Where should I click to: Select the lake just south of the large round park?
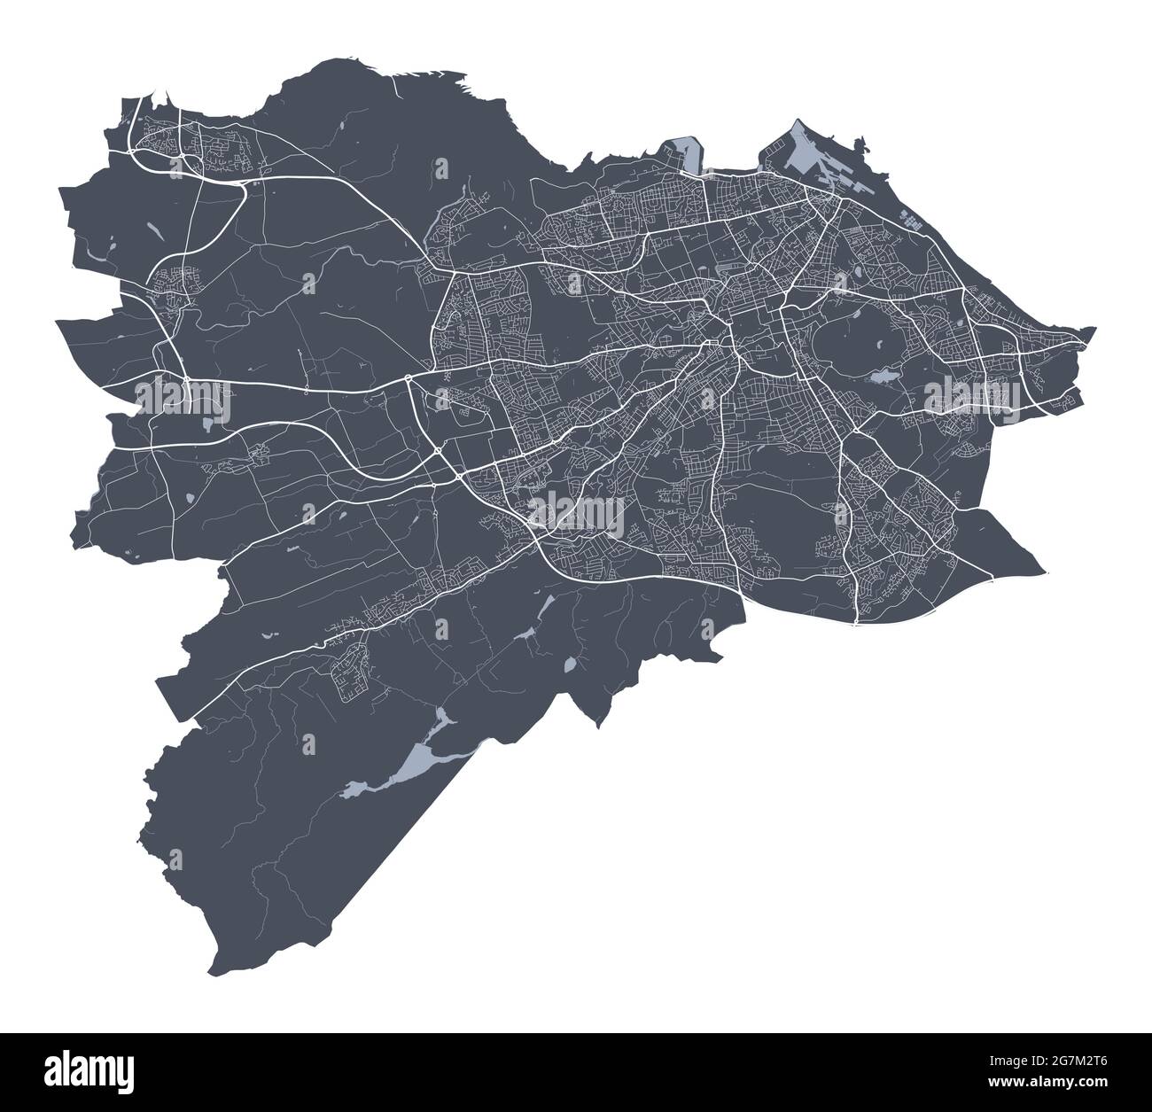point(883,378)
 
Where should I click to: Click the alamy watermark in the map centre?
point(577,513)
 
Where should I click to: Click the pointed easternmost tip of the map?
point(1095,329)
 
